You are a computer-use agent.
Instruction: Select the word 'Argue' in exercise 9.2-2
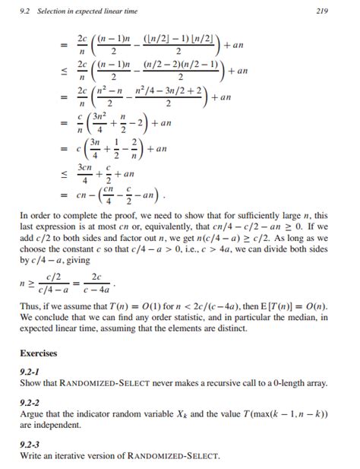(x=33, y=414)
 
